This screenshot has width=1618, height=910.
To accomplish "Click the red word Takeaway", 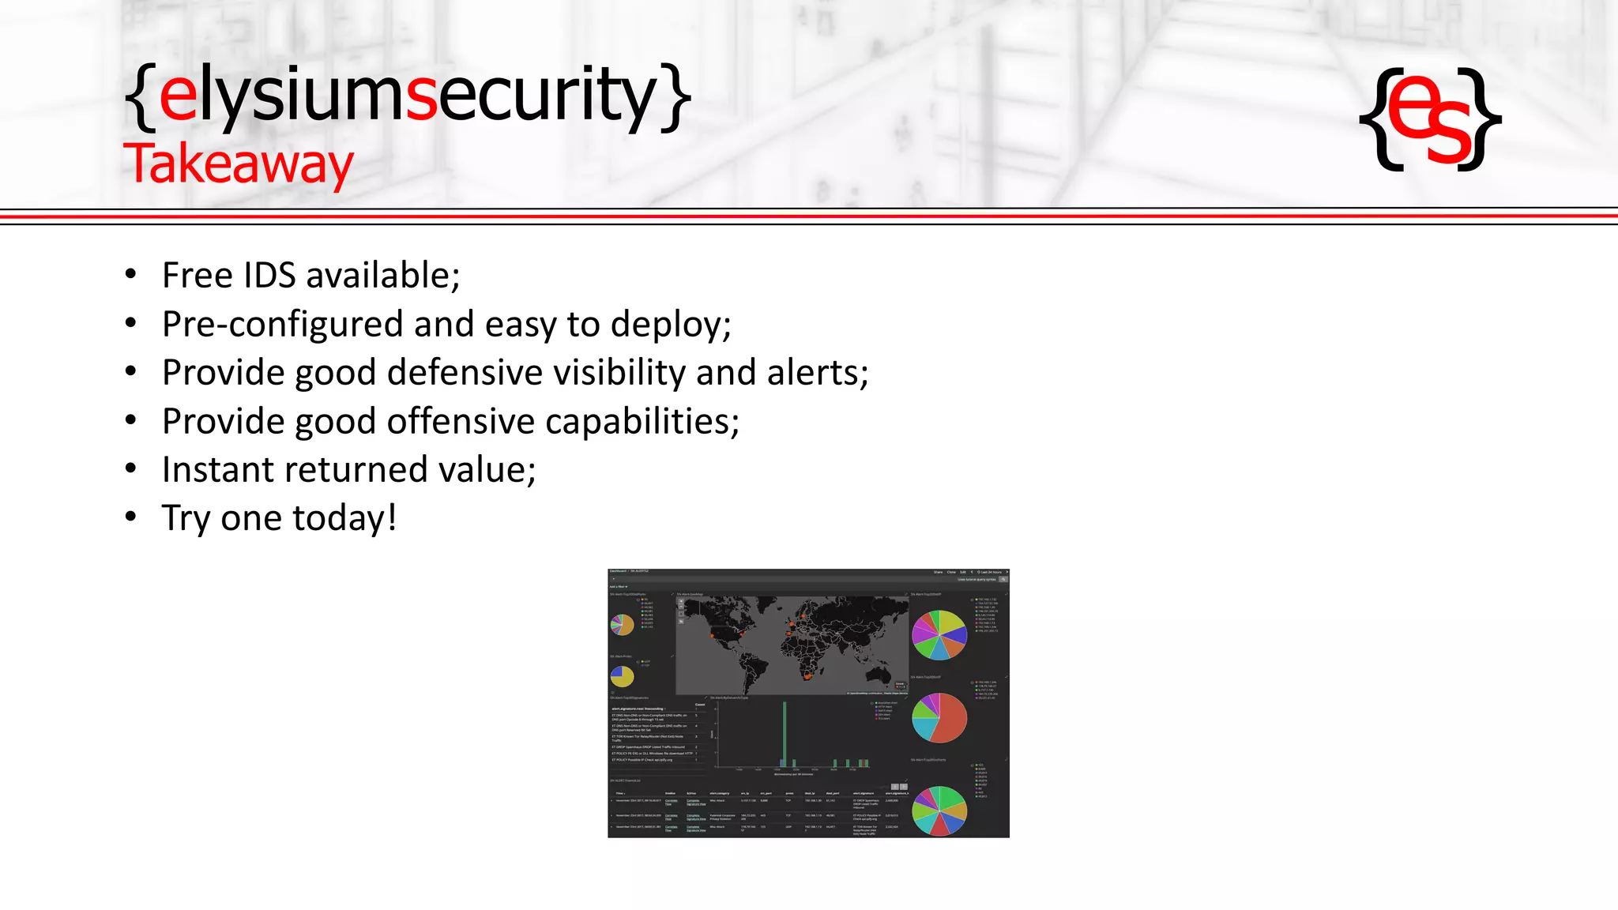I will (x=238, y=164).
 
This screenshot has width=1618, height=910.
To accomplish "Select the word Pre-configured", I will (x=282, y=325).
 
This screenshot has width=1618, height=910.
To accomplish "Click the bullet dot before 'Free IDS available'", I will (x=131, y=275).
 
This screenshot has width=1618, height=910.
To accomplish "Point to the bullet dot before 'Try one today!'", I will (x=131, y=517).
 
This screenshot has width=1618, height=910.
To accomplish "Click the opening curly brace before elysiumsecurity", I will (x=140, y=98).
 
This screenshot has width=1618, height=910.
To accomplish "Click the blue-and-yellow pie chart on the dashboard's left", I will (x=622, y=676).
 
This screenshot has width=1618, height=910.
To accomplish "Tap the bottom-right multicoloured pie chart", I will (x=939, y=810).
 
